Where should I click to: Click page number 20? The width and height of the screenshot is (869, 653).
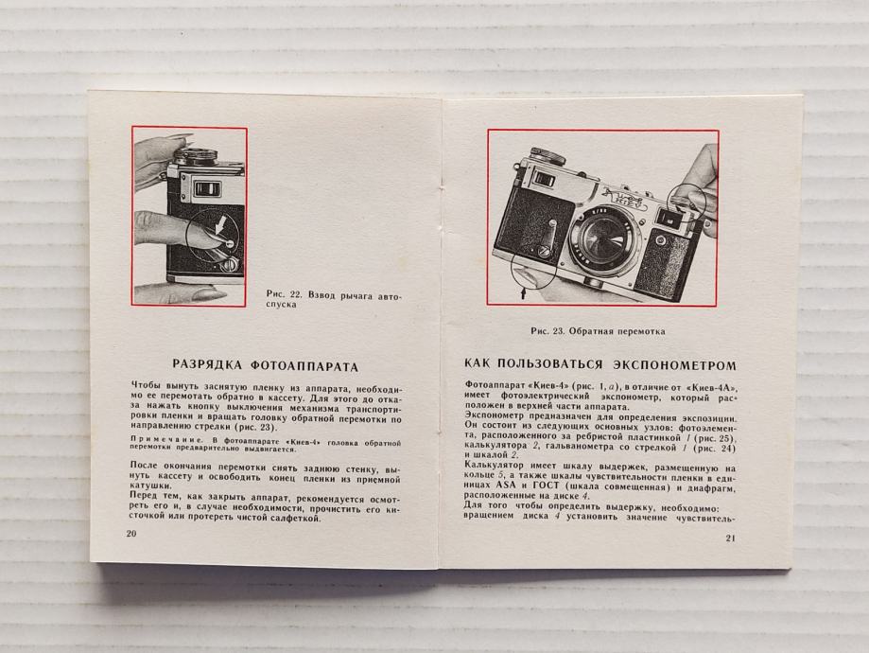131,534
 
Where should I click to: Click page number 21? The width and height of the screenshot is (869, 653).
730,538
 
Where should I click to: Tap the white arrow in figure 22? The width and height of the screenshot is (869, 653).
220,225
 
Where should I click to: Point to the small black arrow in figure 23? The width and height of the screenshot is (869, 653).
523,291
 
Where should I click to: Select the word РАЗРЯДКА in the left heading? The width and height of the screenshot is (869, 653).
207,366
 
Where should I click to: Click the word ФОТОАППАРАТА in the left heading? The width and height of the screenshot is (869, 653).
304,367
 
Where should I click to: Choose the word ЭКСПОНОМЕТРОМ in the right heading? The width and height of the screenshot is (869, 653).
674,365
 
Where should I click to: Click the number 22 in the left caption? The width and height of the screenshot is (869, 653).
295,295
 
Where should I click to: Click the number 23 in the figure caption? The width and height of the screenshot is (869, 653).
558,331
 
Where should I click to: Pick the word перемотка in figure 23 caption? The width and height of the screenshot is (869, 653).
642,331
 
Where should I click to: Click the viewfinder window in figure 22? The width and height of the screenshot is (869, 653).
206,188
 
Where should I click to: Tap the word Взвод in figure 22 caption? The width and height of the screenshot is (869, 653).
321,295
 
